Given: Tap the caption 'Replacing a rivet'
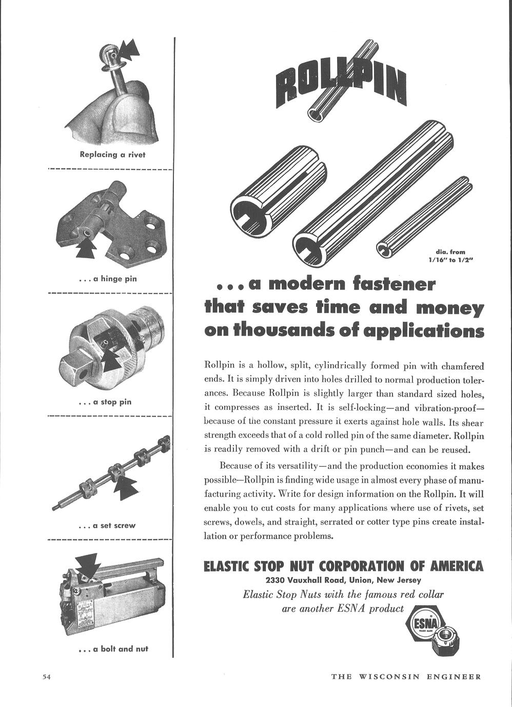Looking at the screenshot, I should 112,155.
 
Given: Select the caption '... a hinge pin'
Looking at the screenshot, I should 108,279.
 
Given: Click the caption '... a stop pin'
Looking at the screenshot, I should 105,402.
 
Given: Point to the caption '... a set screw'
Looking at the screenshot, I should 107,525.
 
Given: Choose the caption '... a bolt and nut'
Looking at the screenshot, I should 112,649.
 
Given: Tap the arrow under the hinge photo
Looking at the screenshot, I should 86,249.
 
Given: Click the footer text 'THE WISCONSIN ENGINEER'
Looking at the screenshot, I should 406,677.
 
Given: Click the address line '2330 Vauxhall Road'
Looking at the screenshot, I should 343,580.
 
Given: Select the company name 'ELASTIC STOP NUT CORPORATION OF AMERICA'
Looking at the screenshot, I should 343,566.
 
